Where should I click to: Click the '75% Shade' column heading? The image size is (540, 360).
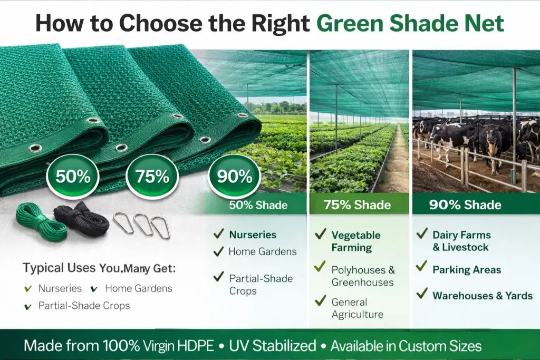tap(359, 205)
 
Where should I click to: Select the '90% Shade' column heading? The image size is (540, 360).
tap(465, 205)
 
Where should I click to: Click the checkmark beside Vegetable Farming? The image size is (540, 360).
tap(320, 233)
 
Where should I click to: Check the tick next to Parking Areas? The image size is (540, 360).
tap(421, 266)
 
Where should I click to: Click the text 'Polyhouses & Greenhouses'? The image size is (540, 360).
tap(363, 276)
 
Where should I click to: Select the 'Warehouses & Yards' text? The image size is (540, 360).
tap(483, 296)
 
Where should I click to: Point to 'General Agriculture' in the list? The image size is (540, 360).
tap(357, 308)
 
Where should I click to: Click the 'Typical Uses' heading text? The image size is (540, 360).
tap(59, 268)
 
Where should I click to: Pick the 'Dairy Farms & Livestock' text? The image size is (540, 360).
tap(461, 241)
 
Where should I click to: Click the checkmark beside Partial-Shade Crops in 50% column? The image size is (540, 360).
tap(218, 277)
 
